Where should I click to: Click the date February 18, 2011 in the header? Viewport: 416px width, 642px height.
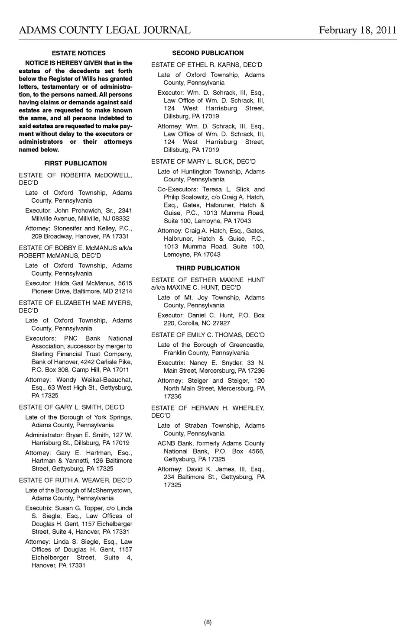357,30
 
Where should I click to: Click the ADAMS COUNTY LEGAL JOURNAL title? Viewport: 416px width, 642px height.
104,30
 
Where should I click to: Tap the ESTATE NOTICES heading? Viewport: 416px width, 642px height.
78,53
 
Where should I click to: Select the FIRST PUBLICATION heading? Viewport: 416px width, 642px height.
75,163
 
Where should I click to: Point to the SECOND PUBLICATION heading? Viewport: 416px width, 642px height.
208,53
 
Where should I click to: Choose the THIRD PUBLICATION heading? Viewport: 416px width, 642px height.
208,268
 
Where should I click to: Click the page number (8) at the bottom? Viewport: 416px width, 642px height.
208,622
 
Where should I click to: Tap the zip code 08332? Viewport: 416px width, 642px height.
120,219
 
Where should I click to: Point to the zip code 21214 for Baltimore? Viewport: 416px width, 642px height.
123,291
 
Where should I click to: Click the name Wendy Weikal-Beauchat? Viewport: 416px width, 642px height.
94,380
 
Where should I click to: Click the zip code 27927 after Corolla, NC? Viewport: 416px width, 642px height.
221,323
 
